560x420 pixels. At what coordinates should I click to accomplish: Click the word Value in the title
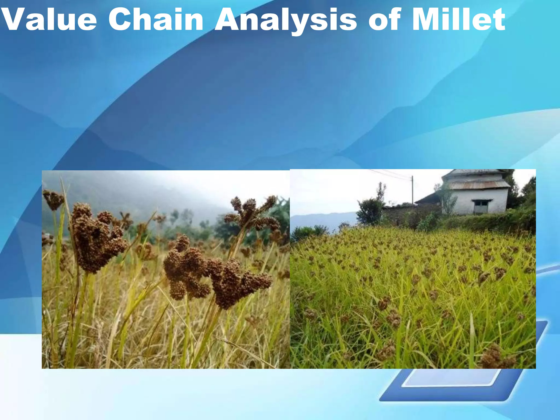(49, 20)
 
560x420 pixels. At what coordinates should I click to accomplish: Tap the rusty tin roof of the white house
(479, 185)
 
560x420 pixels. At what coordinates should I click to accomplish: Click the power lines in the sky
(388, 174)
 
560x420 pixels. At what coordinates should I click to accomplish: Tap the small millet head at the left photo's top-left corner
(53, 200)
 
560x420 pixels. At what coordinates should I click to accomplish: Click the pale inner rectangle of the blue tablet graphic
(451, 377)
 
